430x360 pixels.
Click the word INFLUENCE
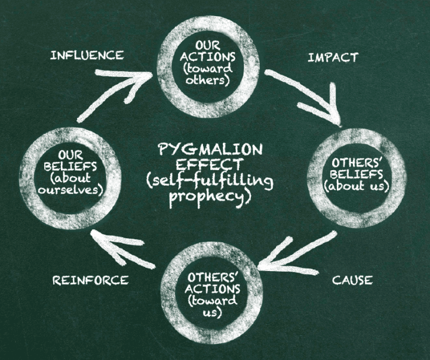click(87, 56)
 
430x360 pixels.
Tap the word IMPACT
click(333, 57)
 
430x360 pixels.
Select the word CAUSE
click(352, 280)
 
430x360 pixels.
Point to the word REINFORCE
click(91, 280)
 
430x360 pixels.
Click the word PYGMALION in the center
click(210, 150)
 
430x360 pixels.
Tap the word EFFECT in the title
click(209, 165)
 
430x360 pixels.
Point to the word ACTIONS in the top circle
click(208, 57)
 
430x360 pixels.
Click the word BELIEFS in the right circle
click(356, 175)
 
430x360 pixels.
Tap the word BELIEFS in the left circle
click(70, 167)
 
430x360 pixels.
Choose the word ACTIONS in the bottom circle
click(213, 289)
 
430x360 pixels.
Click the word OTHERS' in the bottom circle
click(212, 277)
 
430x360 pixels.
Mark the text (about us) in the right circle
click(357, 186)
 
